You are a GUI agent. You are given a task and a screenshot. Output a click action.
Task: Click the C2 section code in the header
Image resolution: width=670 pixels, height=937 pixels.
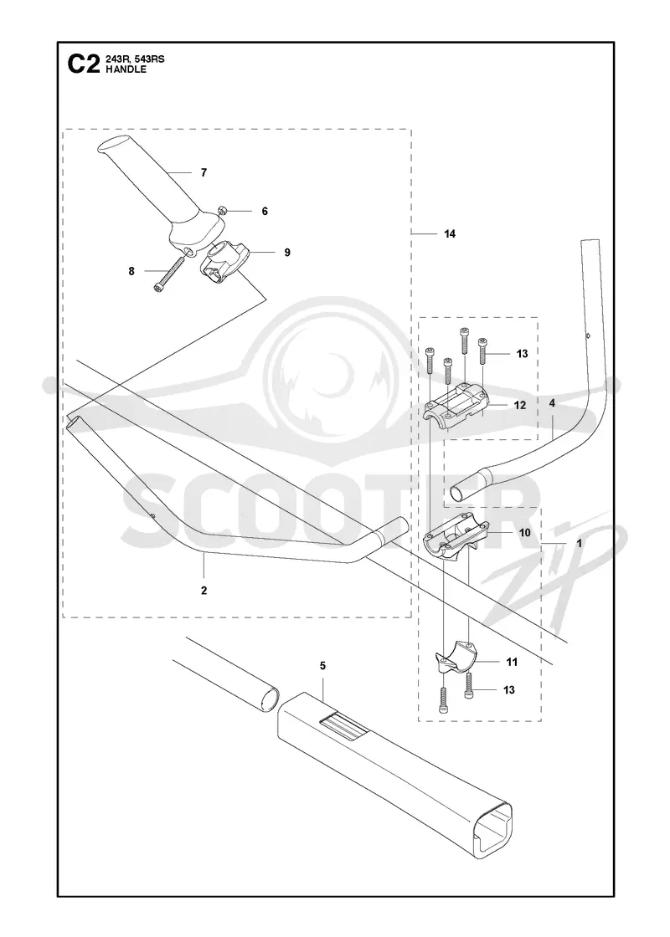(x=83, y=64)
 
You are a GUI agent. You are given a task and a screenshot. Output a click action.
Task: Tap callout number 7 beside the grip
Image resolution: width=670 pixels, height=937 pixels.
(x=204, y=172)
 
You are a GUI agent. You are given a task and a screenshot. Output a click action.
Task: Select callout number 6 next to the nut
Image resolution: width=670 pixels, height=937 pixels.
(x=265, y=211)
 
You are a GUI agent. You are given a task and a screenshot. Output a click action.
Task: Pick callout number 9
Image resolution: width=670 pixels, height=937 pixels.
(x=287, y=253)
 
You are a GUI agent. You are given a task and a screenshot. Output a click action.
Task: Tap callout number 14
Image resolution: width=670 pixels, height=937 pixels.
(x=450, y=233)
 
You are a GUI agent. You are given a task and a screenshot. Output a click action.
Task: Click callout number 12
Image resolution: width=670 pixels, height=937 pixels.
(x=520, y=405)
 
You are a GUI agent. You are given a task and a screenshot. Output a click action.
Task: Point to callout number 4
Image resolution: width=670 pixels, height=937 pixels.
(x=552, y=403)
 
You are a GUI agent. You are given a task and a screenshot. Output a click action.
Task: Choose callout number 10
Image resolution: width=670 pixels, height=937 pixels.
(x=524, y=532)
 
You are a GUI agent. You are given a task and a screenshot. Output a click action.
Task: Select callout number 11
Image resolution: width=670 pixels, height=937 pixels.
(x=512, y=662)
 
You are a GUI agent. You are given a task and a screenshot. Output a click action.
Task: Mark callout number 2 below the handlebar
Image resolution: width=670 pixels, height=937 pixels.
(x=204, y=591)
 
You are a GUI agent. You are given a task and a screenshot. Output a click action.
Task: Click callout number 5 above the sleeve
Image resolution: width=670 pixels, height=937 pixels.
(x=322, y=665)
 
